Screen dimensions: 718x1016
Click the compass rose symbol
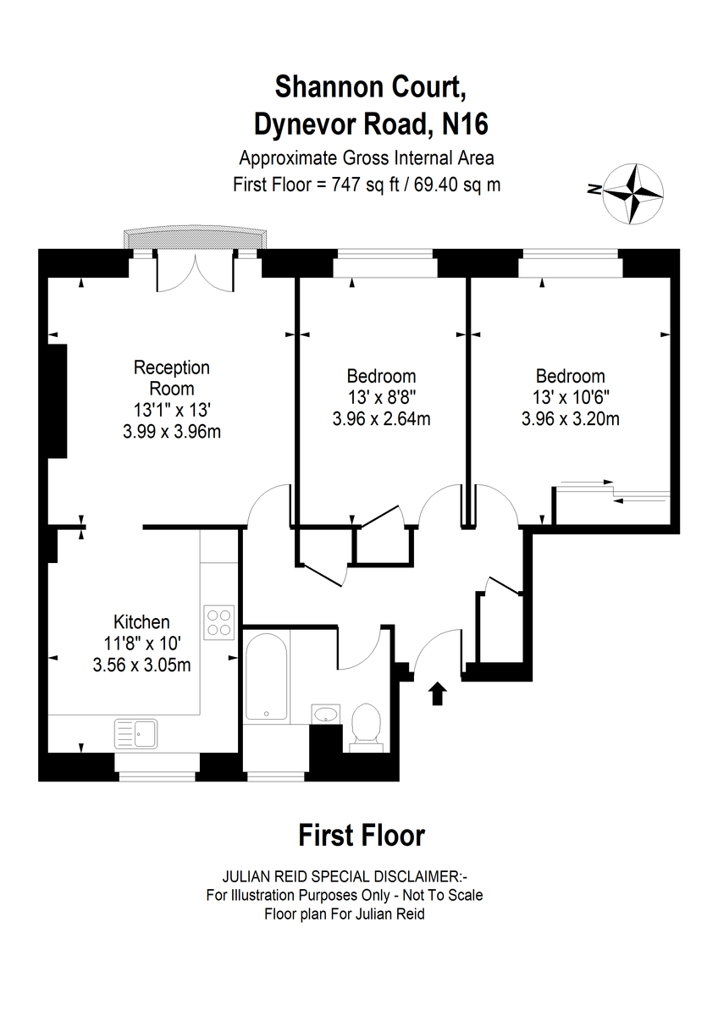click(x=633, y=194)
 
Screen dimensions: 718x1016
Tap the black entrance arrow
click(x=437, y=693)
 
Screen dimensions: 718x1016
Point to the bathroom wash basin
click(x=326, y=715)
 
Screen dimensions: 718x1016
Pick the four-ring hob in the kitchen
click(x=219, y=623)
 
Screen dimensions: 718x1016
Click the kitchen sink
click(x=136, y=733)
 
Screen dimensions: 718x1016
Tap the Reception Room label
click(x=171, y=378)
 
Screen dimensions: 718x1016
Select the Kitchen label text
click(x=141, y=621)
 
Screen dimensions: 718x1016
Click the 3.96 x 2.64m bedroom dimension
click(x=382, y=418)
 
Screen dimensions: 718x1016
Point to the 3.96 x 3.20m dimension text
click(x=571, y=418)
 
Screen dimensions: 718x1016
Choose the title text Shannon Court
click(x=371, y=86)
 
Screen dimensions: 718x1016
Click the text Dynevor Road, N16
click(x=371, y=124)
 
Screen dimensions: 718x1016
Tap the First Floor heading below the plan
click(x=362, y=836)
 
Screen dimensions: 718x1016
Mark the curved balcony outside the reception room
click(x=196, y=236)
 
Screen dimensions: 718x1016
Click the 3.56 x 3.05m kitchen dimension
click(x=141, y=665)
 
